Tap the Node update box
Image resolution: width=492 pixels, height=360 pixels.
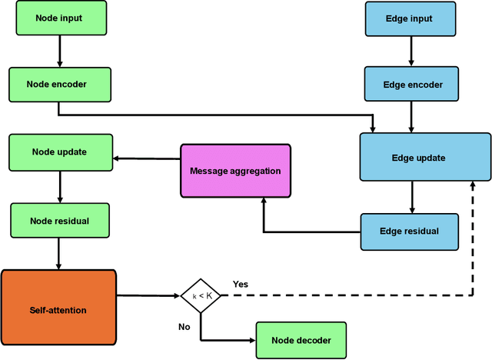tap(58, 152)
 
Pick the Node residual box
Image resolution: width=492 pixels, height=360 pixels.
tap(58, 221)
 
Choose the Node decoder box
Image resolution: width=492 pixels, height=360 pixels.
tap(301, 339)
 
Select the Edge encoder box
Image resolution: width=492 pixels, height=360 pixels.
tap(412, 85)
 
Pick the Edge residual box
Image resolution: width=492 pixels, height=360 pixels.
tap(410, 231)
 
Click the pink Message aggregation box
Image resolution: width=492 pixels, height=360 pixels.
tap(235, 170)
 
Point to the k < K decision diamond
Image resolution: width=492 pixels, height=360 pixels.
tap(201, 295)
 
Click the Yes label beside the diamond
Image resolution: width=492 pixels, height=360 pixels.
tap(241, 284)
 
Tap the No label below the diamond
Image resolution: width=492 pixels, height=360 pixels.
tap(184, 327)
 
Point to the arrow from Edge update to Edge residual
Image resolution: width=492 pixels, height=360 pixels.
tap(412, 198)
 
